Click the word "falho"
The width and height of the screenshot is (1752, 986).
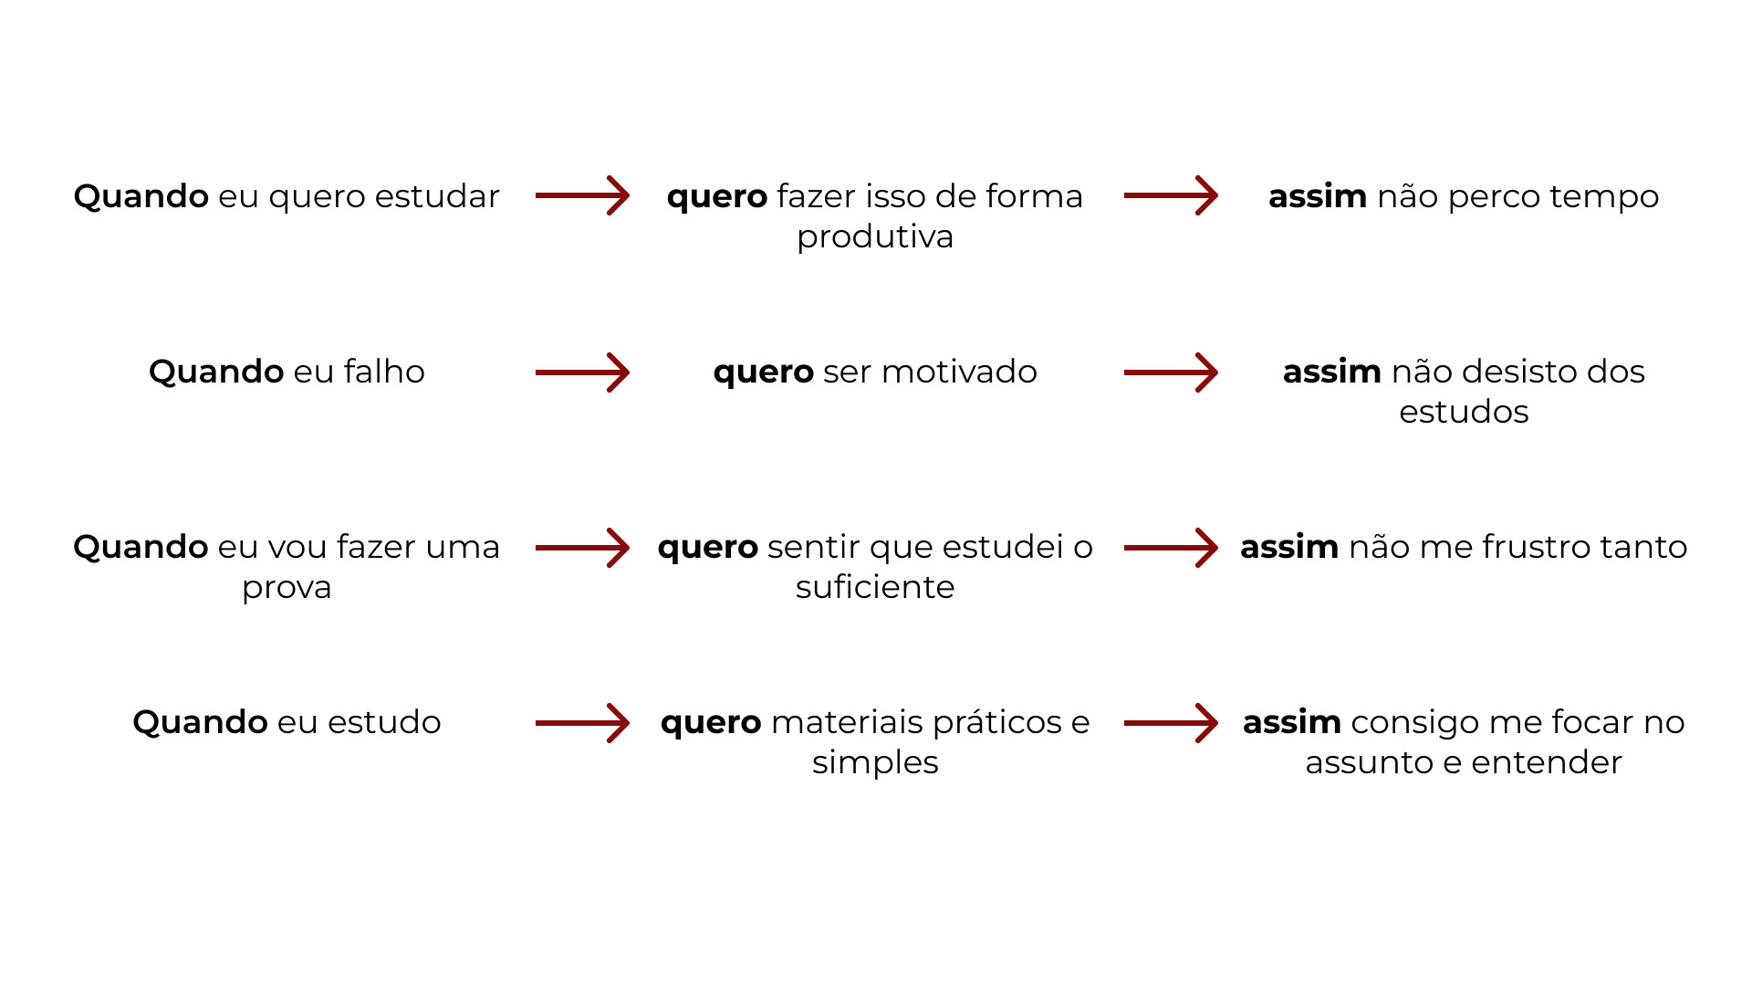[x=384, y=372]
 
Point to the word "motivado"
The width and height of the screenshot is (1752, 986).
[x=959, y=372]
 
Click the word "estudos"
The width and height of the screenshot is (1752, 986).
[x=1464, y=412]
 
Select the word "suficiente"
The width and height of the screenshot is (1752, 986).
[x=875, y=587]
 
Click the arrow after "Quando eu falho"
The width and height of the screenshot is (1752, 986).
[x=582, y=372]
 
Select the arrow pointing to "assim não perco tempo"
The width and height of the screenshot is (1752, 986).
[x=1171, y=195]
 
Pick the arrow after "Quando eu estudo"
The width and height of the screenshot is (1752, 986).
[x=582, y=723]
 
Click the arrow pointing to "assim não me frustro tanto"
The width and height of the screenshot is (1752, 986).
[x=1171, y=548]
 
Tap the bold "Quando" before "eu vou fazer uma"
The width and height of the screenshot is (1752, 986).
[x=141, y=548]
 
